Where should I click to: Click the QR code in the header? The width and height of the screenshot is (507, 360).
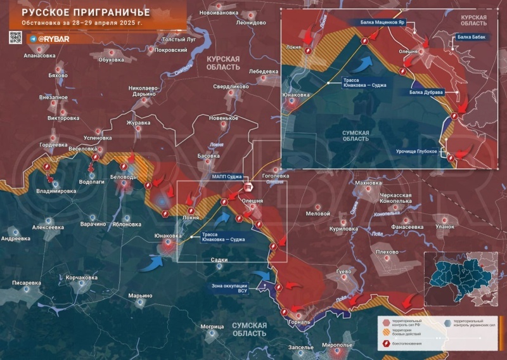coord(16,38)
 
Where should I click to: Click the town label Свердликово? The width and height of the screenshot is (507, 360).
coord(230,86)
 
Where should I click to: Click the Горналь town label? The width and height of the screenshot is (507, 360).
coord(298,322)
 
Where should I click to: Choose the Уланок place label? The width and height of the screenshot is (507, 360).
coord(445,226)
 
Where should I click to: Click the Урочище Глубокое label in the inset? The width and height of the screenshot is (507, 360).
coord(416,151)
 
